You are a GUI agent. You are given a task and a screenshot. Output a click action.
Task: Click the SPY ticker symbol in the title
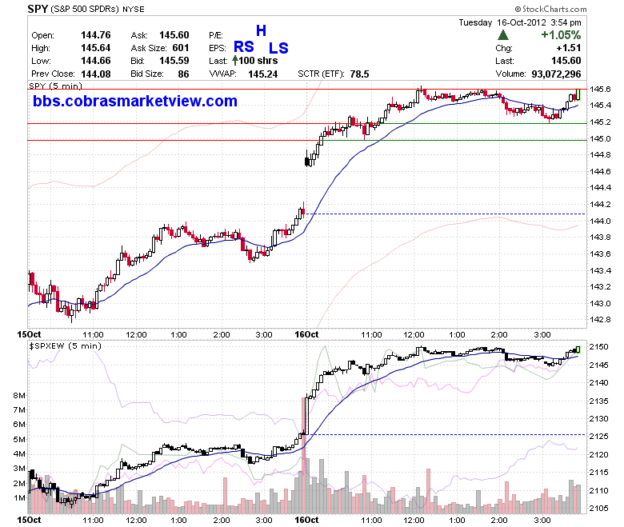(x=38, y=9)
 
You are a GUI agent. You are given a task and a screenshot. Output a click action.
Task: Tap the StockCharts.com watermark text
(x=550, y=9)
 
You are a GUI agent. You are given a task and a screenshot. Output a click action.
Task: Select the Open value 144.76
(x=96, y=35)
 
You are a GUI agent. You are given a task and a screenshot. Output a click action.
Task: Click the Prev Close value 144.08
(x=96, y=74)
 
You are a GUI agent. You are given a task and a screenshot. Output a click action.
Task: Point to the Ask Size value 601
(x=181, y=48)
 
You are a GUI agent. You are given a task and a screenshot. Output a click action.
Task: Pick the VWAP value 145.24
(x=262, y=74)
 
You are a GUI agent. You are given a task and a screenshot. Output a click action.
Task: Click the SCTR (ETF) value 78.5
(x=360, y=74)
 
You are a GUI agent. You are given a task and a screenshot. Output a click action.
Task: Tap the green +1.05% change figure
(x=561, y=35)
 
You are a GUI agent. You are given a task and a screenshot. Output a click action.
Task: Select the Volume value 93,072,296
(x=556, y=74)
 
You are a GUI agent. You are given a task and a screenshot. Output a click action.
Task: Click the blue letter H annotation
(x=261, y=30)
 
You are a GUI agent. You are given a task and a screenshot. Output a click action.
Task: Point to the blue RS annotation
(x=243, y=47)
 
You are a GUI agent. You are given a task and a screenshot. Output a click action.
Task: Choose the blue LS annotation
(x=278, y=48)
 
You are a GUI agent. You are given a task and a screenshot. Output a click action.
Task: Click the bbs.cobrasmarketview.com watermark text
(x=135, y=101)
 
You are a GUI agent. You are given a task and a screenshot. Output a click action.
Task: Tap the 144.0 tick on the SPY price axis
(x=600, y=222)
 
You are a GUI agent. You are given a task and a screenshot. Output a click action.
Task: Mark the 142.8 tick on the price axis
(x=600, y=319)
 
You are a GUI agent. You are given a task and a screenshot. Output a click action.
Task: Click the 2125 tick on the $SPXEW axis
(x=598, y=437)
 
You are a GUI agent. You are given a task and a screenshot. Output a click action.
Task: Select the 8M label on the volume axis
(x=19, y=395)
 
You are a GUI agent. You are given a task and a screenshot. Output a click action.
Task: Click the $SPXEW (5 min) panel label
(x=66, y=346)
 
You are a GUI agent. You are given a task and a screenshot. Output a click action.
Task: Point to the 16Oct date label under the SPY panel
(x=306, y=334)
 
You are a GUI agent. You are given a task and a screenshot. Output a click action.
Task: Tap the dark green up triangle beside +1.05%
(x=503, y=35)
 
